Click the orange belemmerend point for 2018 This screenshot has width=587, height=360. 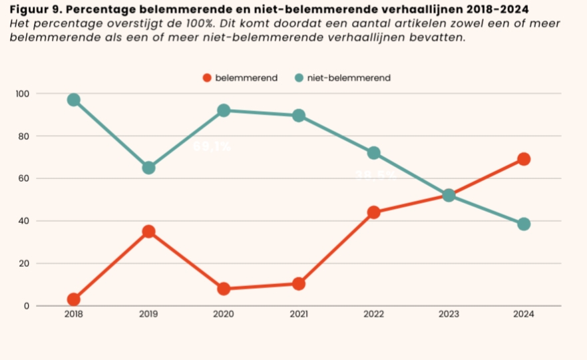coord(73,299)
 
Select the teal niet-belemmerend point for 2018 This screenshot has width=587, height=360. coord(73,100)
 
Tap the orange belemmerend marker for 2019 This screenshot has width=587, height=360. coord(148,232)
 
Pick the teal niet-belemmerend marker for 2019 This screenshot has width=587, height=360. coord(148,168)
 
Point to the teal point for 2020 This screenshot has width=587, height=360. coord(224,110)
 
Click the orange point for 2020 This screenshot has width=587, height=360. coord(224,289)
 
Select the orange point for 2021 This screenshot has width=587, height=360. coord(298,283)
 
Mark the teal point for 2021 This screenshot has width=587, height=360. coord(298,115)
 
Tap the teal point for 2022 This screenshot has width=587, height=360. coord(373,153)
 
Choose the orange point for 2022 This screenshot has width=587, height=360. coord(373,212)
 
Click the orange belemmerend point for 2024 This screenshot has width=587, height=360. coord(524,159)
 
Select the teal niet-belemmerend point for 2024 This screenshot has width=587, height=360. coord(524,224)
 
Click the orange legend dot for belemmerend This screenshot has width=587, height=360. coord(207,78)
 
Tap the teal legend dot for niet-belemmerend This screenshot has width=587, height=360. coord(299,78)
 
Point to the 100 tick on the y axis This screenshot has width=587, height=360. coord(23,93)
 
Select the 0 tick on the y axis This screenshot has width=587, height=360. coord(27,306)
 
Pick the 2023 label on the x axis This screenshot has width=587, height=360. coord(449,314)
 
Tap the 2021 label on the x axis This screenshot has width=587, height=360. coord(298,314)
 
